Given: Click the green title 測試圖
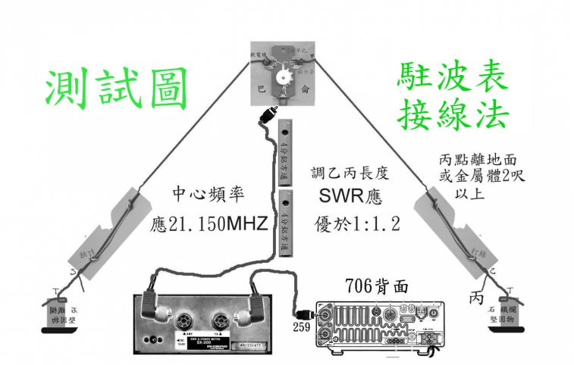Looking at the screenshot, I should pos(115,89).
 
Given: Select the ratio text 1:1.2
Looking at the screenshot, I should pos(370,224).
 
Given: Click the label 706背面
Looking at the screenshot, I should pos(378,285).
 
